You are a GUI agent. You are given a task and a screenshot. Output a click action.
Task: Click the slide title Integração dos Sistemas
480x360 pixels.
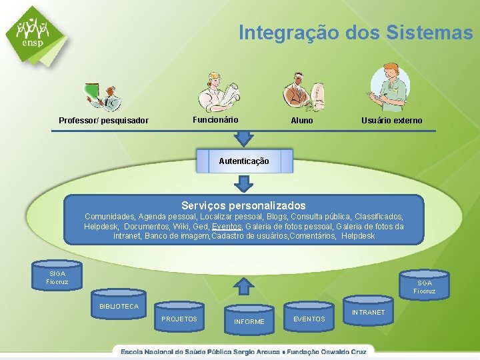coord(355,32)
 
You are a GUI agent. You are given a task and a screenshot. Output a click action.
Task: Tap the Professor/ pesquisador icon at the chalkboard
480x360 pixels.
coord(103,96)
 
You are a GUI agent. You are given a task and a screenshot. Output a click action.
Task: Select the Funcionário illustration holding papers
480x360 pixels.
coord(220,91)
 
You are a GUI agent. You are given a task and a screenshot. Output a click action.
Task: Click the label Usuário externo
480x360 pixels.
coord(391,121)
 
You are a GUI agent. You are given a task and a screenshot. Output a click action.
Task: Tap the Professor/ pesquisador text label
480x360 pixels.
coord(103,121)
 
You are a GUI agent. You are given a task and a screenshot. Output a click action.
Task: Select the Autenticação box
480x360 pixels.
coord(244,161)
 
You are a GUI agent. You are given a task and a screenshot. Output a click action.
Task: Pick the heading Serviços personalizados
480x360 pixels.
coord(243,206)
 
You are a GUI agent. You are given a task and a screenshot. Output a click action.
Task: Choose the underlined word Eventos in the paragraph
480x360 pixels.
coord(227,227)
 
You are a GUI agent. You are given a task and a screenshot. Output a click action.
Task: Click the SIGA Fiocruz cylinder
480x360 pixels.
coord(57,277)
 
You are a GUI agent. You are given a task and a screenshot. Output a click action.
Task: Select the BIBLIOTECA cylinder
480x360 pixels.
coord(119,307)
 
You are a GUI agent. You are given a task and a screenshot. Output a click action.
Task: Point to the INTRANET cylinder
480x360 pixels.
coord(368,313)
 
